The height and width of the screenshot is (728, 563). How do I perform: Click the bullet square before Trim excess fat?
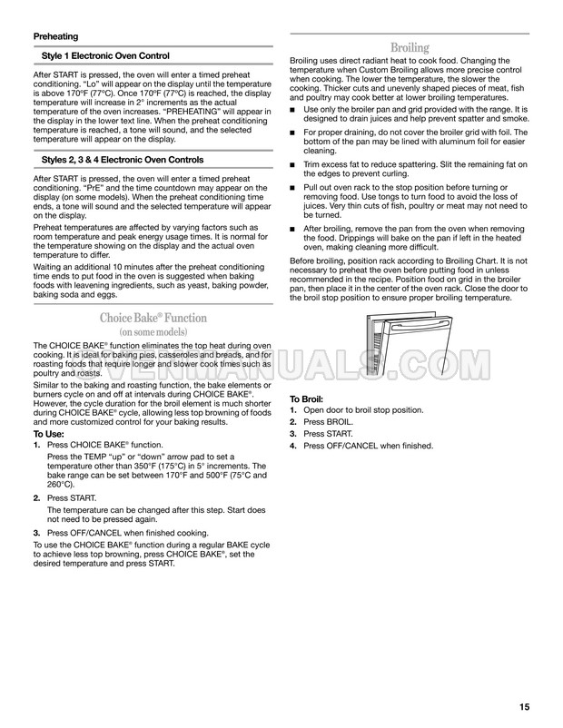[x=293, y=164]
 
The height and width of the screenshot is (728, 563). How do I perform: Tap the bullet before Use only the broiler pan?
[x=293, y=110]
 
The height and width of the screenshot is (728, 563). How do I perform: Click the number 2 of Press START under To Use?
[x=36, y=499]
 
